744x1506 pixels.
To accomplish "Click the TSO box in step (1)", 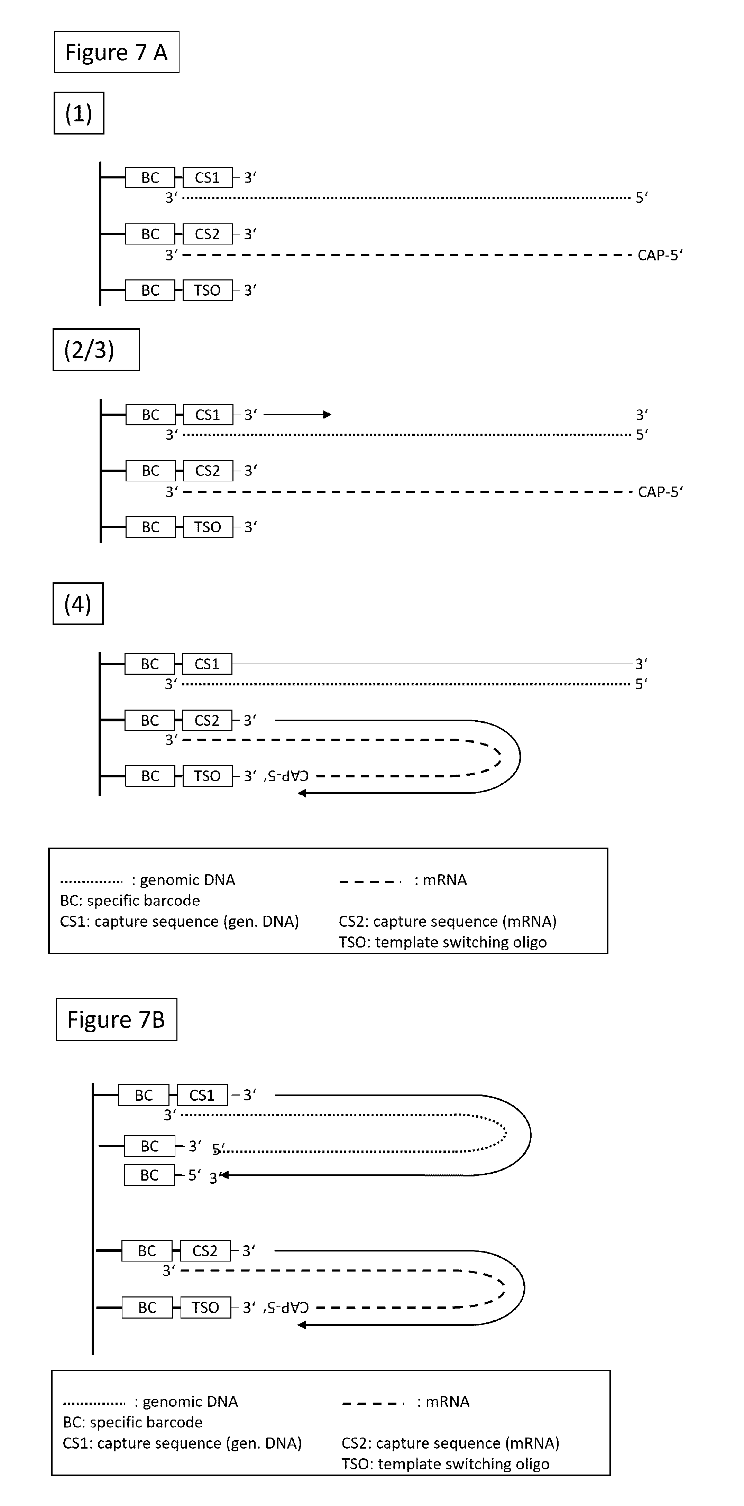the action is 208,290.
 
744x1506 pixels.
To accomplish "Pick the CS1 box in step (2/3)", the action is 208,415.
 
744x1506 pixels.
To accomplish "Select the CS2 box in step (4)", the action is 207,720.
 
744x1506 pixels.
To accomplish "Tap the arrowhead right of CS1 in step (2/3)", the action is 328,415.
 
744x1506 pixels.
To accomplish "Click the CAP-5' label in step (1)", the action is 660,255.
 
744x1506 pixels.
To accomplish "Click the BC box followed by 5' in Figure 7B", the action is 149,1175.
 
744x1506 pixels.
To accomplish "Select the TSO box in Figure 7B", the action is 205,1307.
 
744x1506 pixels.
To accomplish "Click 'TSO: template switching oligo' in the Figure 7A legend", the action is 443,942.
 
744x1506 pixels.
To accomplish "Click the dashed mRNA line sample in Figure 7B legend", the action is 373,1403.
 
